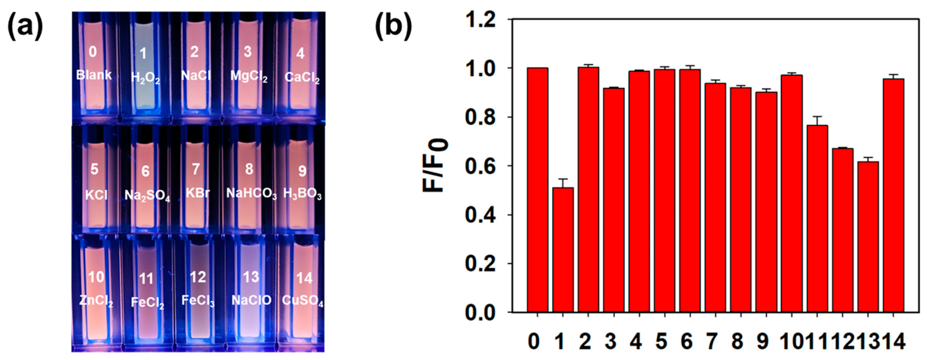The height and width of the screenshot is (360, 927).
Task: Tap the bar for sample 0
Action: coord(537,190)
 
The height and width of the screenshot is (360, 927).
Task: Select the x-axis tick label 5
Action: coord(661,341)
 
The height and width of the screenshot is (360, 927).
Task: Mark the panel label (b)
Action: coord(393,26)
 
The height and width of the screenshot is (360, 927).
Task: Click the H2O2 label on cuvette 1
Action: coord(146,77)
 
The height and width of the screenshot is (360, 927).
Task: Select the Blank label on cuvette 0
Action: coord(94,74)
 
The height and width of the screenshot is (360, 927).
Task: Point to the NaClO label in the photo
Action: coord(251,300)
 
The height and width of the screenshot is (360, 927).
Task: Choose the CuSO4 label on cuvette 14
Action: coord(303,301)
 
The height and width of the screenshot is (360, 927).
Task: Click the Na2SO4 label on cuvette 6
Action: coord(147,195)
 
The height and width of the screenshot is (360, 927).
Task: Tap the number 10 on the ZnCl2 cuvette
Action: coord(96,277)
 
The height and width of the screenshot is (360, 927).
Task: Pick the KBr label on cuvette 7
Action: coord(198,193)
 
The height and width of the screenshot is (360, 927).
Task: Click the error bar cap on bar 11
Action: coord(817,116)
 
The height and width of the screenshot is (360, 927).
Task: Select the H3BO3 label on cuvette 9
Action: coord(302,194)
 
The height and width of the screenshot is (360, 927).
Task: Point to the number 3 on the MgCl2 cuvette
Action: coord(247,52)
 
